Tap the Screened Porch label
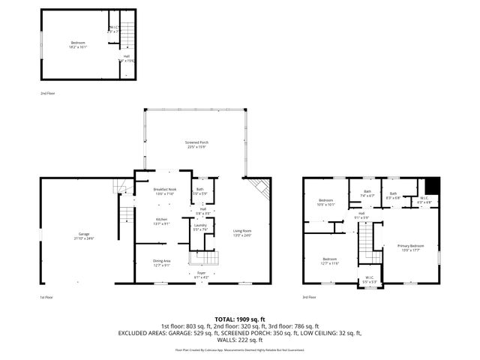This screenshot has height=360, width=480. pyautogui.click(x=197, y=144)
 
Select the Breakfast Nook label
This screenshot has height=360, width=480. pyautogui.click(x=165, y=192)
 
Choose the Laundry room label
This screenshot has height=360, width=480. pyautogui.click(x=200, y=227)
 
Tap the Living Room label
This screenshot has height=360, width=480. pyautogui.click(x=242, y=233)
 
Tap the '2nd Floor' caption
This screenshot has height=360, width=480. pyautogui.click(x=48, y=94)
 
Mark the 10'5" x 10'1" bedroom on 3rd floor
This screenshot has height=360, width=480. pyautogui.click(x=325, y=202)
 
